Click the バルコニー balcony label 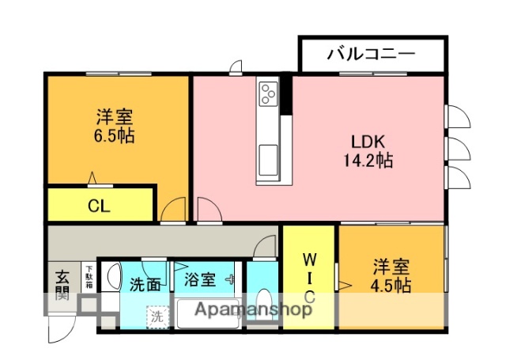[370, 55]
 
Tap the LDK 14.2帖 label [368, 151]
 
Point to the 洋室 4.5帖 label [391, 276]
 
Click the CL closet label [99, 207]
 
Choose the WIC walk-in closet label [309, 277]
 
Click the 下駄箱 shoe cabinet [89, 278]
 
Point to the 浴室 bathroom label [199, 279]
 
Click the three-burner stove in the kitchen [267, 93]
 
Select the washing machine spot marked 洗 [157, 314]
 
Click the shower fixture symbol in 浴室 [229, 279]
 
